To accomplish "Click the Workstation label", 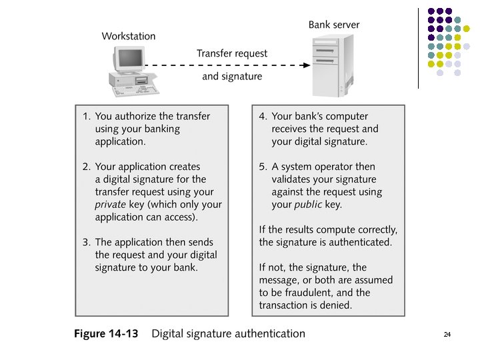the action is click(129, 36).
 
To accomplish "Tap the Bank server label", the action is click(334, 25).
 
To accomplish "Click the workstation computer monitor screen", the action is click(131, 58).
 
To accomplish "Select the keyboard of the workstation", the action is click(135, 91).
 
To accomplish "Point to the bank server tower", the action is click(333, 66).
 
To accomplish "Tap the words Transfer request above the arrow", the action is click(232, 53).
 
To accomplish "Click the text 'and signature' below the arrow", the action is click(232, 76).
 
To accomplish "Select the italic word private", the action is click(110, 205).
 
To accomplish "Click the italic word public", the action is click(308, 205).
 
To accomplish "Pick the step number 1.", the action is click(86, 116).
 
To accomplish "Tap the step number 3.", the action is click(86, 242).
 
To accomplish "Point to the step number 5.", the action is click(263, 167).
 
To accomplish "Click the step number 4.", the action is click(263, 116).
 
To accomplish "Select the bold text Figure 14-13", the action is click(106, 333).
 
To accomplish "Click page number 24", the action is click(447, 334).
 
